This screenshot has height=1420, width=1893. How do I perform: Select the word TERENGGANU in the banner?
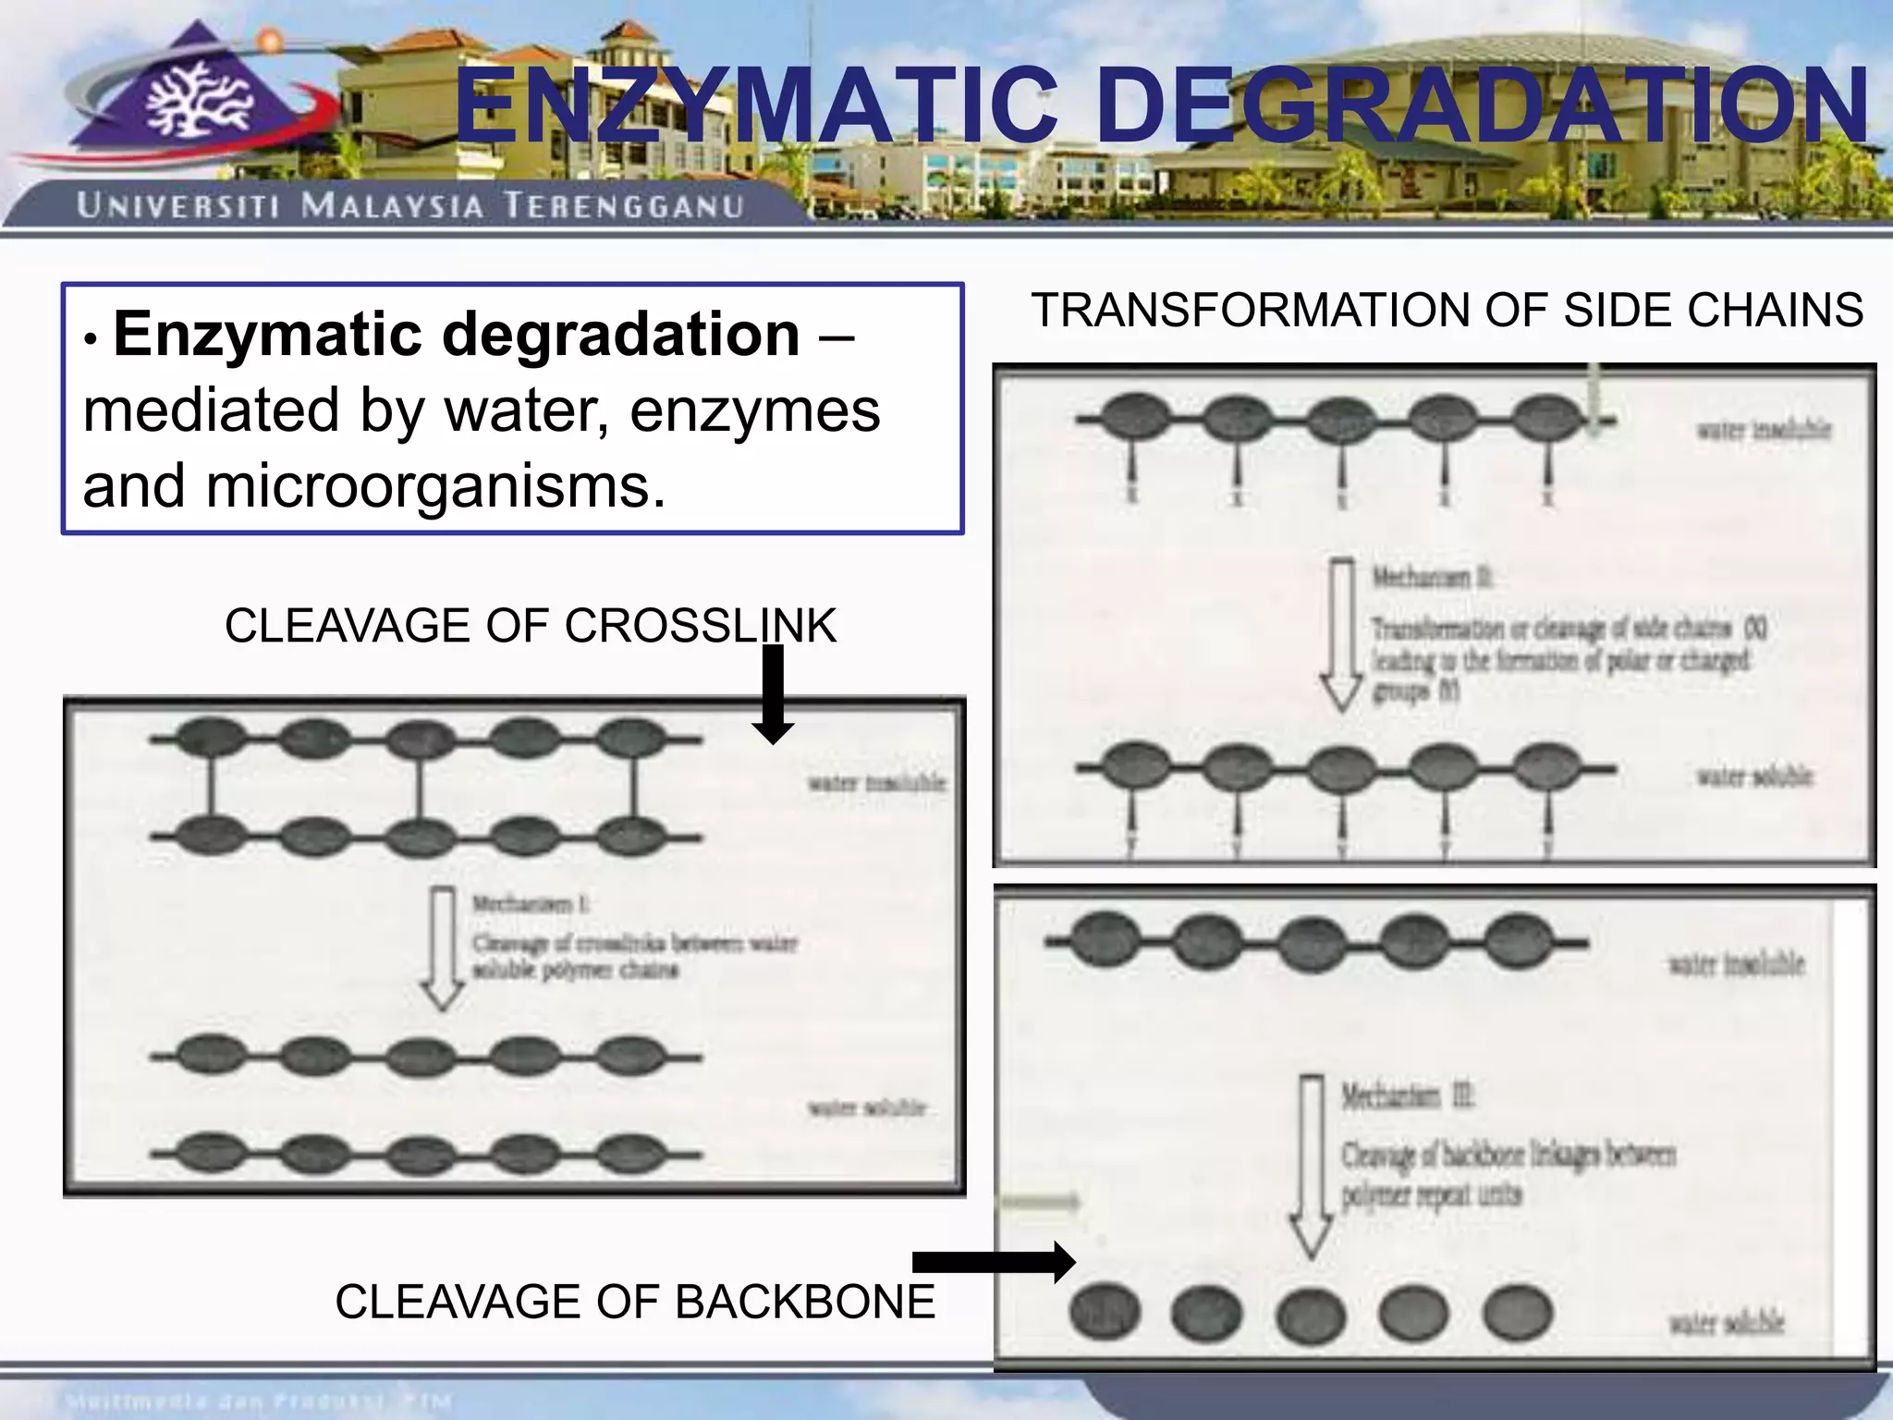(624, 205)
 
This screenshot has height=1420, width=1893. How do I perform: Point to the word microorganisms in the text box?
(434, 487)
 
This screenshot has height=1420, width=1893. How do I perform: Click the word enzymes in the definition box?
(754, 410)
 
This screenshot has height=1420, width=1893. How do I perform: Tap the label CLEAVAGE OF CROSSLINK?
(530, 626)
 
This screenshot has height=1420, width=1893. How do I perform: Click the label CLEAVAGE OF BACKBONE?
(634, 1302)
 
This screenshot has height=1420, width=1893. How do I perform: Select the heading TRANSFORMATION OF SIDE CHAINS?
(1447, 310)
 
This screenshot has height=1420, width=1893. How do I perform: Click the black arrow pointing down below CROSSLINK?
(773, 693)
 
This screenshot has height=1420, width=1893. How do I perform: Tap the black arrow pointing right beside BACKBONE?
(994, 1262)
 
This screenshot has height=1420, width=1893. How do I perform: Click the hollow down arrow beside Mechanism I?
(443, 948)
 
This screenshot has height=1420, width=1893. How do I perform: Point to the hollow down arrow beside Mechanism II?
(1341, 633)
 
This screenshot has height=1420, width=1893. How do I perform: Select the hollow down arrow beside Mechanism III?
(1311, 1165)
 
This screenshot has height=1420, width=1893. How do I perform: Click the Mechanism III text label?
(1408, 1096)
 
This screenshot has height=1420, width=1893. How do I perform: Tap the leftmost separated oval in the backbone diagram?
(1105, 1312)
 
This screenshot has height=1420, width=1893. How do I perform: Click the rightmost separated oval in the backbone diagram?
(1518, 1312)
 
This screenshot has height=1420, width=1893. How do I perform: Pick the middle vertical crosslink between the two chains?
(421, 789)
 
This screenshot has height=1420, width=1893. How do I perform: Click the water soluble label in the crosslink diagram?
(866, 1108)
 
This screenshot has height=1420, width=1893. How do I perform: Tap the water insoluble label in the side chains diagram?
(1763, 430)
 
